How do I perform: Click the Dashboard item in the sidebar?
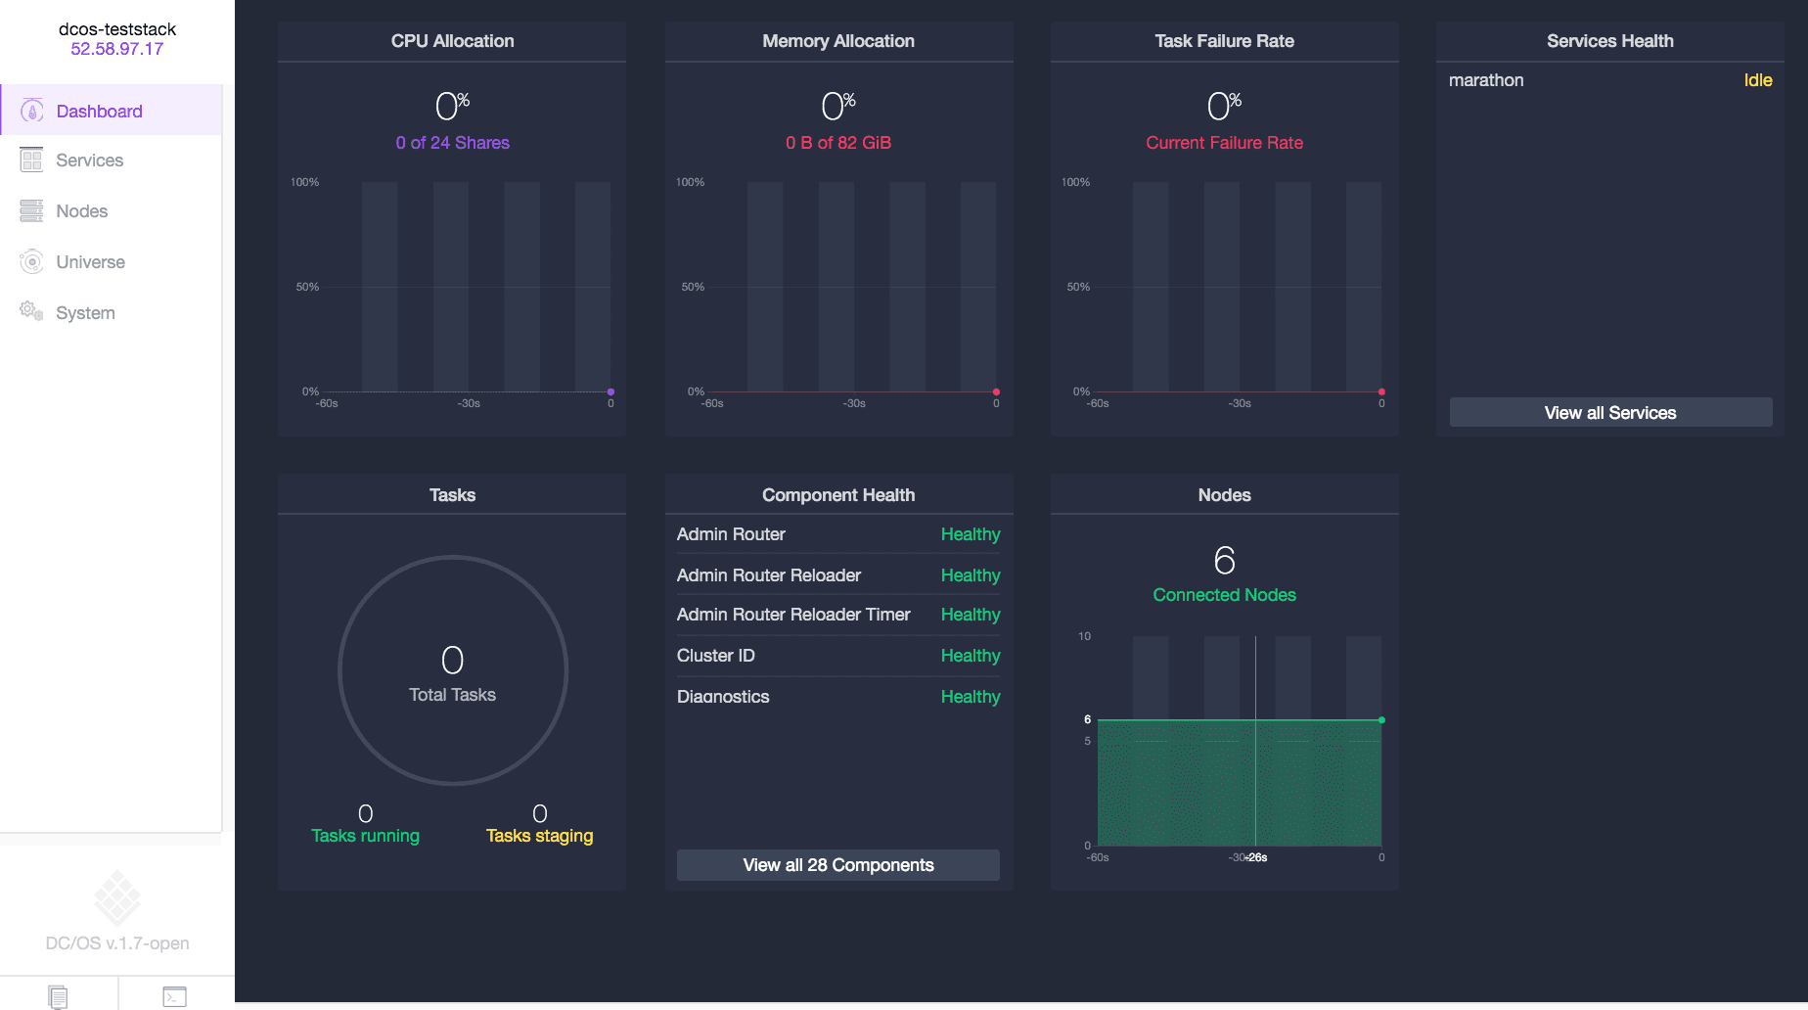click(x=99, y=112)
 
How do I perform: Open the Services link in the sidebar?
click(x=89, y=161)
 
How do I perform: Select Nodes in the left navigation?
click(x=81, y=211)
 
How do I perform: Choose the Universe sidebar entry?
click(x=90, y=262)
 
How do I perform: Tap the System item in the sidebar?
click(x=85, y=313)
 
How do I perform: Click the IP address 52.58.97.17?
click(x=116, y=49)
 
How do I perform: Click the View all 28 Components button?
click(x=837, y=865)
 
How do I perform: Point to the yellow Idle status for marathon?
click(x=1757, y=80)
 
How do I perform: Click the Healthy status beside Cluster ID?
click(x=970, y=656)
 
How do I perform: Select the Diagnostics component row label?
click(x=723, y=697)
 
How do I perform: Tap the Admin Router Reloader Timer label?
click(x=793, y=615)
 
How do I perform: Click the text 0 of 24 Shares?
click(x=452, y=143)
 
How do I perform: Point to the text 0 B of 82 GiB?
click(x=837, y=143)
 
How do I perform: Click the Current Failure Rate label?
click(x=1224, y=143)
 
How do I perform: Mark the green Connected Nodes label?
click(x=1224, y=595)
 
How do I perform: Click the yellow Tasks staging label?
click(x=539, y=836)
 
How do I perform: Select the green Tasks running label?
click(x=365, y=836)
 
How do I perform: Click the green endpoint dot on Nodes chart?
click(x=1381, y=720)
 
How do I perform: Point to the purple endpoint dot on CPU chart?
click(x=610, y=392)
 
